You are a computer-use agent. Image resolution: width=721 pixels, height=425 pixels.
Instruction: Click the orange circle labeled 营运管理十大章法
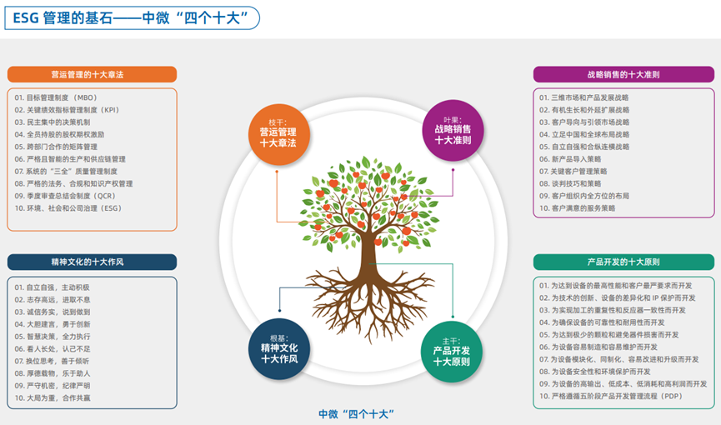coord(278,131)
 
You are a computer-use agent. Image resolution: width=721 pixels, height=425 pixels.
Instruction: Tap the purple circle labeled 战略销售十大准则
coord(453,128)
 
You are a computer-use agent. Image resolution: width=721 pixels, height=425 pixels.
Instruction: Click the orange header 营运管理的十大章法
coord(93,74)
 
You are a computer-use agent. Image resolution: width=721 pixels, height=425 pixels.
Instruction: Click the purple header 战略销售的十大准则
coord(623,74)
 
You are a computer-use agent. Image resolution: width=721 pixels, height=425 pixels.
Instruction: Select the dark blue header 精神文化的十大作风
coord(93,262)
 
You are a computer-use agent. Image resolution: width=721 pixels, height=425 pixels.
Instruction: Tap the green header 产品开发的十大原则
coord(623,262)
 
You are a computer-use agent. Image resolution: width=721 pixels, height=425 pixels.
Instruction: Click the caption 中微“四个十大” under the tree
coord(356,413)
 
